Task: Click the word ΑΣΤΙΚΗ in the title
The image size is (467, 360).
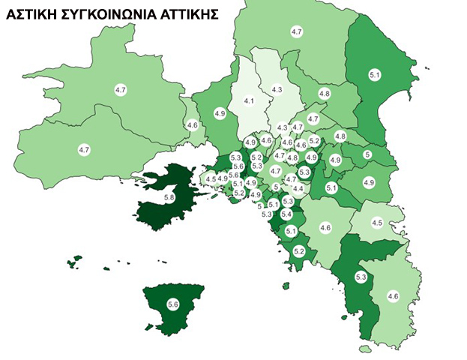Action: tap(30, 13)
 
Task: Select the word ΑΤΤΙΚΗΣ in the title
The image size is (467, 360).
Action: tap(186, 13)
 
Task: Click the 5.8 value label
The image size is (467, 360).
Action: tap(169, 198)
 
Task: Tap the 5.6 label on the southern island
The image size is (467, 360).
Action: tap(173, 304)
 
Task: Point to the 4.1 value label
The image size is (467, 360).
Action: tap(249, 101)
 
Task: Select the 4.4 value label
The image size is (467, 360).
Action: tap(298, 188)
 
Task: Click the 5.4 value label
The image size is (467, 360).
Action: tap(286, 214)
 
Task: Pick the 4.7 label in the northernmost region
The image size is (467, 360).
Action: tap(296, 31)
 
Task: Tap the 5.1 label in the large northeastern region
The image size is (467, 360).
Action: tap(376, 74)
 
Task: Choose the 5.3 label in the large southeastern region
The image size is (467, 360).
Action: tap(360, 278)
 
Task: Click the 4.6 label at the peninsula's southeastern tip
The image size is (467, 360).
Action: tap(392, 297)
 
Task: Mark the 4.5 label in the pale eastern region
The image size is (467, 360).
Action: tap(378, 223)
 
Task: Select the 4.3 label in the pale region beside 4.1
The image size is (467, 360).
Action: tap(277, 90)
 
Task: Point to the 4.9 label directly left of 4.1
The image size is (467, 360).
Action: tap(220, 113)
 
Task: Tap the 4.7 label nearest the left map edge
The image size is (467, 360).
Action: tap(84, 150)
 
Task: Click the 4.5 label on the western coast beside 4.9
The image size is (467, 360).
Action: tap(211, 178)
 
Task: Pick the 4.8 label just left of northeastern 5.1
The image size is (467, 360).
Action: tap(325, 93)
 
